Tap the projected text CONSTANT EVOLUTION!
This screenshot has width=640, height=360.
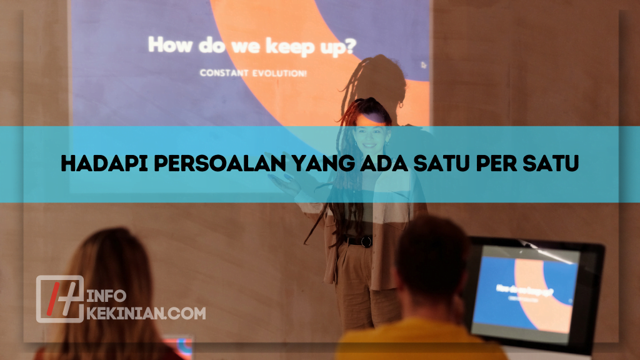point(253,73)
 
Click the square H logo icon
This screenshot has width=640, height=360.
point(59,299)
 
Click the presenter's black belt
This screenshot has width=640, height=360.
point(357,240)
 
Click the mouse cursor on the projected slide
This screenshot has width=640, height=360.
point(423,64)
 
